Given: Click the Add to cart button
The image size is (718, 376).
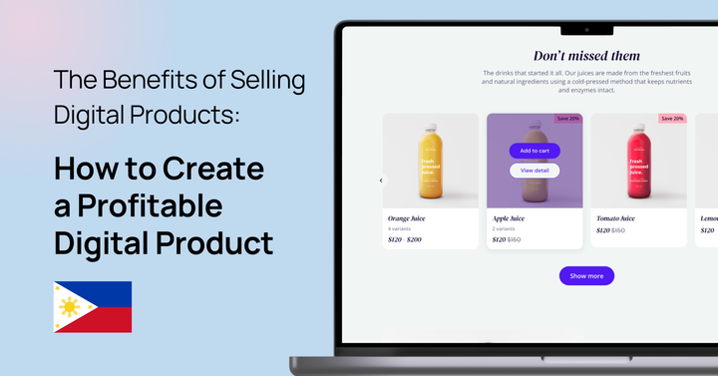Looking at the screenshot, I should (x=535, y=151).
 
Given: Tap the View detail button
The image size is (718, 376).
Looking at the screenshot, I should (x=535, y=171).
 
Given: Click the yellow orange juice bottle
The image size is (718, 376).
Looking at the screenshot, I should (x=430, y=159).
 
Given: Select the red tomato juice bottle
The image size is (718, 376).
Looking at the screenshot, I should (x=638, y=159).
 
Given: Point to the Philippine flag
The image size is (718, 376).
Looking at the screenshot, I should (x=93, y=306).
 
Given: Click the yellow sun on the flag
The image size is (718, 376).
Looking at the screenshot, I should (x=69, y=307).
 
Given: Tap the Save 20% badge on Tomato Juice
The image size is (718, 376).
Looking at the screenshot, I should (x=672, y=119).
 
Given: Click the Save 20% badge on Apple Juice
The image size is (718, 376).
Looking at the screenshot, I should (x=568, y=119).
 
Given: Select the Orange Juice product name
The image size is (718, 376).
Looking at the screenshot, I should (x=407, y=217).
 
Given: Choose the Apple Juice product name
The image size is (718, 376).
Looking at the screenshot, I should (x=511, y=217).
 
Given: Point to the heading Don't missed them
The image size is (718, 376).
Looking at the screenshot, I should (x=586, y=56).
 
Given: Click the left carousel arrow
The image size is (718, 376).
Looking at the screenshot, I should (x=381, y=181).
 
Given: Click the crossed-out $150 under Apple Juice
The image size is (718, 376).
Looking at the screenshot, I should (x=514, y=239).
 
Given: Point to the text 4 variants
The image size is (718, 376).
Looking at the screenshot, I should (x=402, y=228).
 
